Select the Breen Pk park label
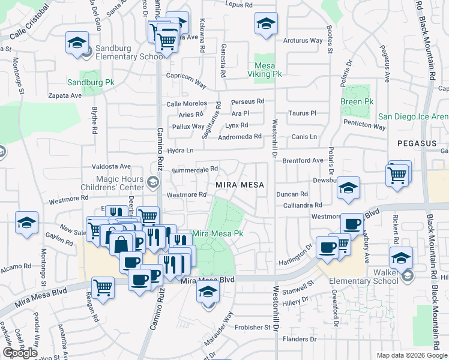(x=357, y=102)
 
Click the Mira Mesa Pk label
(x=217, y=233)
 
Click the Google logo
(x=20, y=353)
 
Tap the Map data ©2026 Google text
(x=412, y=355)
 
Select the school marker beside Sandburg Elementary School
(x=77, y=43)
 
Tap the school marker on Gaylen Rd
(x=26, y=223)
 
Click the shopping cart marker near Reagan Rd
(x=103, y=286)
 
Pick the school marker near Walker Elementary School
(x=401, y=258)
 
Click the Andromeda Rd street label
(x=240, y=136)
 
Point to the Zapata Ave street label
(x=65, y=95)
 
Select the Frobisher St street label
(x=252, y=328)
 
